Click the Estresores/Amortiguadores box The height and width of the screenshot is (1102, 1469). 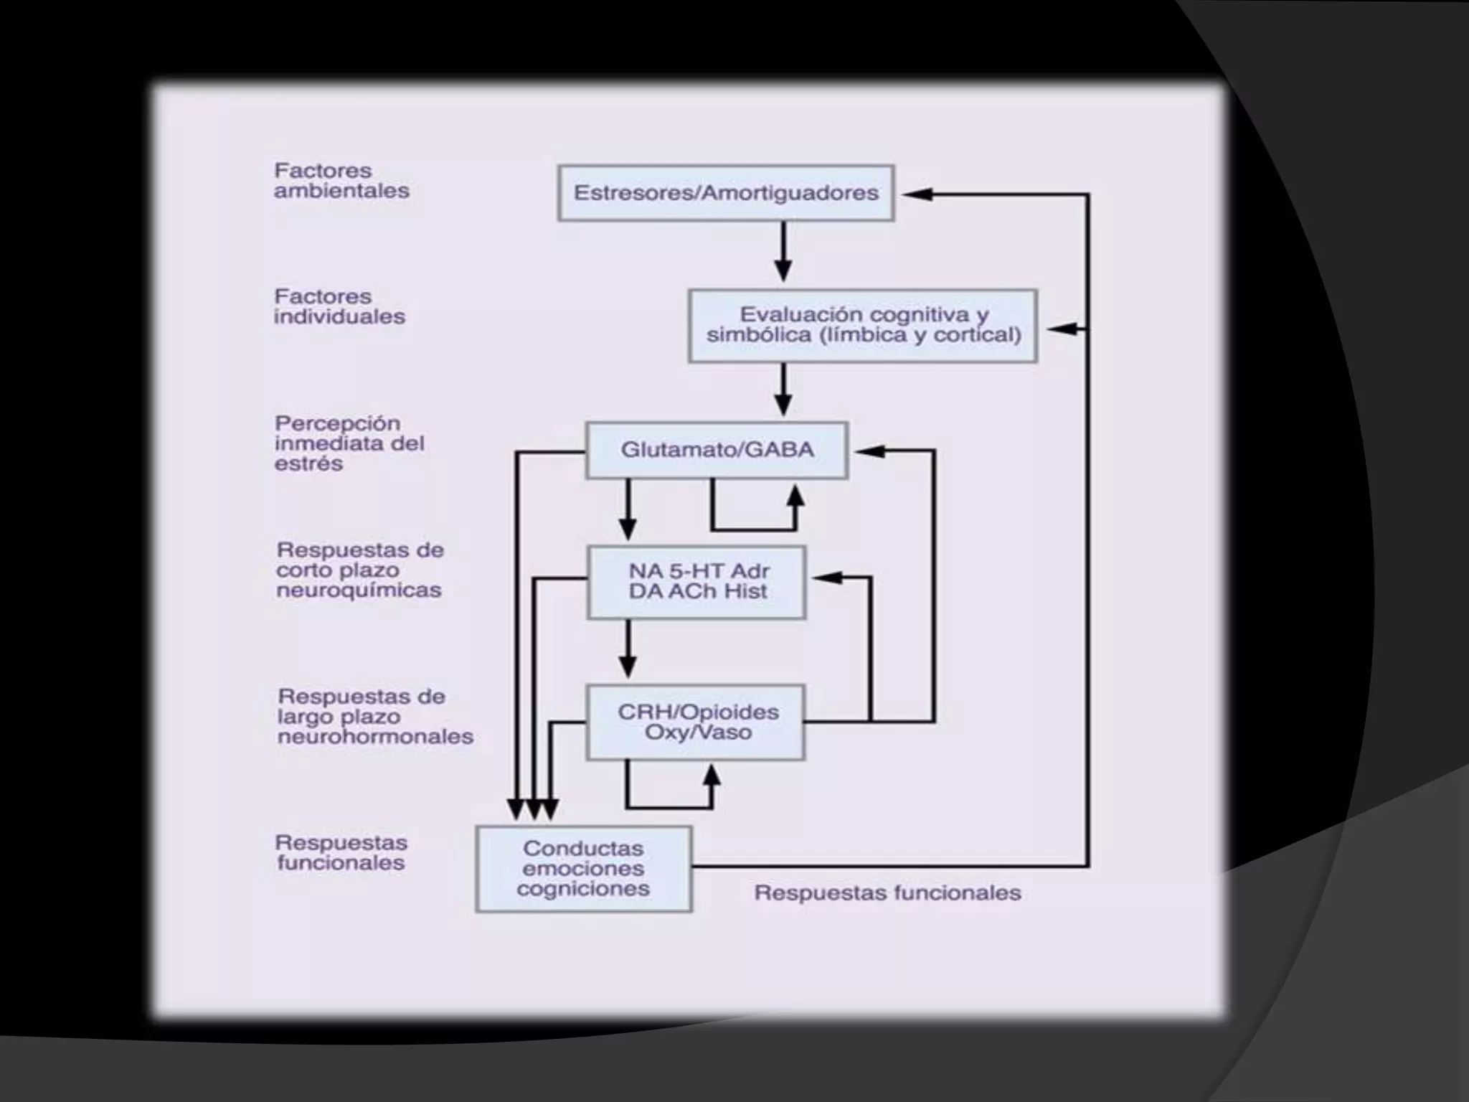(x=725, y=193)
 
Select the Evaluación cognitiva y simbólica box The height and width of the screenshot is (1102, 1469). (x=862, y=326)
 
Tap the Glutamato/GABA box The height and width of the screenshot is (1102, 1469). (x=717, y=450)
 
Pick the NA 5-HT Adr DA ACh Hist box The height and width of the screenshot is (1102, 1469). (x=696, y=582)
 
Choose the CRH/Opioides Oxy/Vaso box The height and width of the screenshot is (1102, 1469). (x=696, y=722)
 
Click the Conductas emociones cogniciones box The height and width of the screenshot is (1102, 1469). (x=583, y=869)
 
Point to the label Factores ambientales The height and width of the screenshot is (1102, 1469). (x=341, y=181)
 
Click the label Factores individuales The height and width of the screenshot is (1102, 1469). (x=339, y=306)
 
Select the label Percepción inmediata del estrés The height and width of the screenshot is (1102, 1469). (x=349, y=443)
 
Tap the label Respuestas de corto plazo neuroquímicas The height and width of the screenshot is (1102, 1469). (x=360, y=570)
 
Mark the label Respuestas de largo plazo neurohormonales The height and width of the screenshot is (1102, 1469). (x=375, y=716)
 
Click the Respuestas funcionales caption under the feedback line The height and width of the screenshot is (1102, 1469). (x=887, y=893)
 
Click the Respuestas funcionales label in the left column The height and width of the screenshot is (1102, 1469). (x=341, y=852)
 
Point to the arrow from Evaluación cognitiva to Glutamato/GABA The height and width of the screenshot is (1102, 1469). (x=783, y=390)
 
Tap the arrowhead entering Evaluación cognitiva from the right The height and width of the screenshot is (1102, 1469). (x=1062, y=329)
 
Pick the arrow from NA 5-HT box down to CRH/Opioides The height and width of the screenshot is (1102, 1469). (x=628, y=649)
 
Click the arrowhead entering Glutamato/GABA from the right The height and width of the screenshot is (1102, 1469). (x=870, y=451)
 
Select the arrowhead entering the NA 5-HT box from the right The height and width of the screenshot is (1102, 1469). (x=827, y=577)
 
